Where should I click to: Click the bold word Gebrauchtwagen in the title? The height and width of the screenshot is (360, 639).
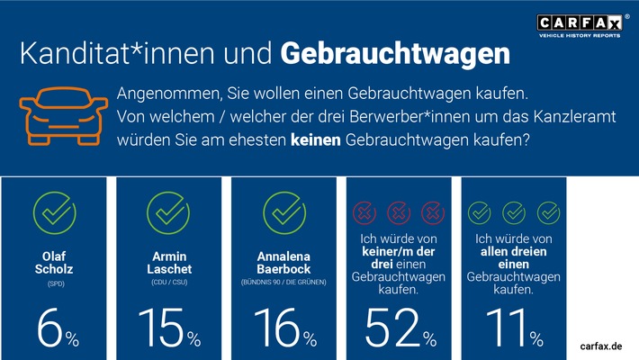pyautogui.click(x=394, y=53)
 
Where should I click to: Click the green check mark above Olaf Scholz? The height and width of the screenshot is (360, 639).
pyautogui.click(x=53, y=212)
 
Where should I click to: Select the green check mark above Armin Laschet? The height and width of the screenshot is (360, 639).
pyautogui.click(x=167, y=212)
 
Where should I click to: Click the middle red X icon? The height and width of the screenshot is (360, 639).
pyautogui.click(x=399, y=213)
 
